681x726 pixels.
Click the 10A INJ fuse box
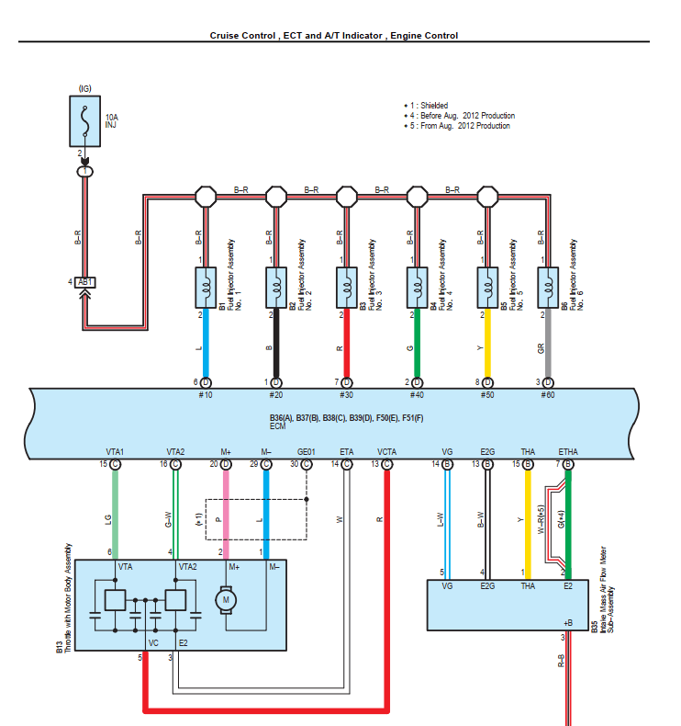pyautogui.click(x=85, y=119)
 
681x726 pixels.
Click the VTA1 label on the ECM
pyautogui.click(x=115, y=451)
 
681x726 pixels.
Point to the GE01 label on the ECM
pyautogui.click(x=307, y=451)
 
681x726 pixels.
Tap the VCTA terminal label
pyautogui.click(x=386, y=451)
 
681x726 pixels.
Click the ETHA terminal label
pyautogui.click(x=568, y=451)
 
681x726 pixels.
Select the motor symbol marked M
pyautogui.click(x=225, y=600)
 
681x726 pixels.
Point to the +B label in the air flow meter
pyautogui.click(x=566, y=622)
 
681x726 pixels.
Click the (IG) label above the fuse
pyautogui.click(x=85, y=87)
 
